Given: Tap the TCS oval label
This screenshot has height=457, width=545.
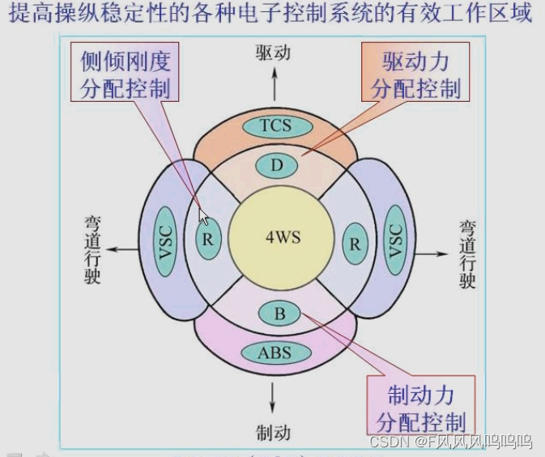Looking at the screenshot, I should pos(275,125).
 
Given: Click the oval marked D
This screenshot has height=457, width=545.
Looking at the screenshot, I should pos(277,167).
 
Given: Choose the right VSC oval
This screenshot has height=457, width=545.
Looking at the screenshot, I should pos(394,241).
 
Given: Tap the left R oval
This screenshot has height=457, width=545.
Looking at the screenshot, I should pos(208,240).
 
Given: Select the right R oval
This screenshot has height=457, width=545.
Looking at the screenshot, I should pos(353,243).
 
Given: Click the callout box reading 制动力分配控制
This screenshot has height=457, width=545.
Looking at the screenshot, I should pos(420,408).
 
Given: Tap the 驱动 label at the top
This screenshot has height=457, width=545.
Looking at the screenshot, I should pos(273,53).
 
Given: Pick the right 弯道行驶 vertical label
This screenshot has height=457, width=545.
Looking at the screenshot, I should pos(467,253).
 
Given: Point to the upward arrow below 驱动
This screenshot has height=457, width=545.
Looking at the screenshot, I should pos(274,83).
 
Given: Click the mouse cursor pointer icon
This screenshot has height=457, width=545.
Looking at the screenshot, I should pos(204,218).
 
